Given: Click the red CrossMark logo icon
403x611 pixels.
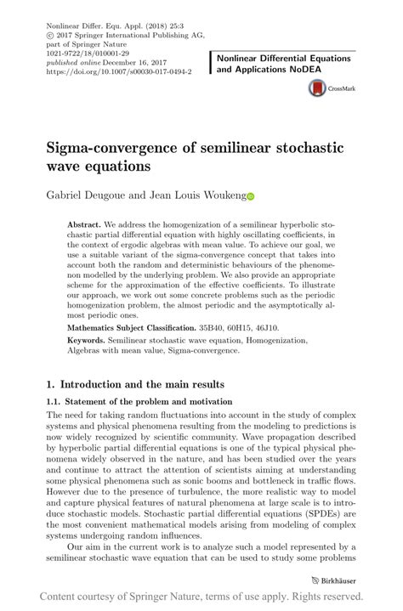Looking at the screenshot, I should [x=318, y=87].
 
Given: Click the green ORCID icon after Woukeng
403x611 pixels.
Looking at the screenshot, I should [x=251, y=196].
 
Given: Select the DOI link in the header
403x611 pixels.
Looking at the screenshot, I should [x=118, y=72].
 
